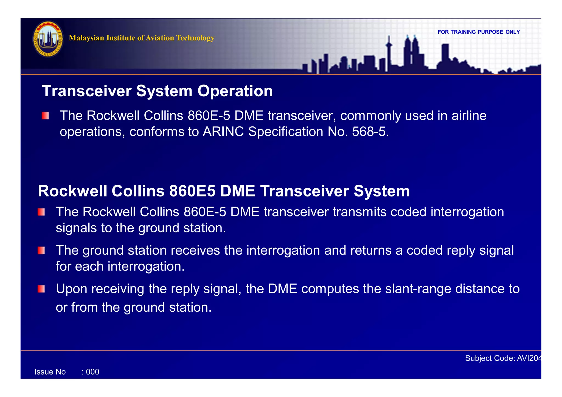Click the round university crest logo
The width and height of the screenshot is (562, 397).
tap(48, 39)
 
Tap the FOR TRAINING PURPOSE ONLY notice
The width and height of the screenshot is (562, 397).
tap(479, 32)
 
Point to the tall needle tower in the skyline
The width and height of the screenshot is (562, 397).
tap(389, 54)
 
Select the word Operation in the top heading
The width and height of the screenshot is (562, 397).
tap(235, 91)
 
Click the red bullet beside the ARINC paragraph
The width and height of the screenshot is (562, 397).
tap(45, 116)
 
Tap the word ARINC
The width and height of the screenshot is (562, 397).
tap(223, 132)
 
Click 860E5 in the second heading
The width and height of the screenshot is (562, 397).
tap(192, 191)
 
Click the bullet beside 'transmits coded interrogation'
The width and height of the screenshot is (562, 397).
tap(41, 212)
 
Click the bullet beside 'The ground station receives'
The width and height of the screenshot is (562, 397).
tap(41, 250)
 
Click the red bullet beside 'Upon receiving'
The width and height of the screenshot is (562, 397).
tap(41, 289)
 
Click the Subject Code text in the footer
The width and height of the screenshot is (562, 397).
tap(503, 358)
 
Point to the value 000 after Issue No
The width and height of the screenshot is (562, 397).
tap(92, 372)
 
